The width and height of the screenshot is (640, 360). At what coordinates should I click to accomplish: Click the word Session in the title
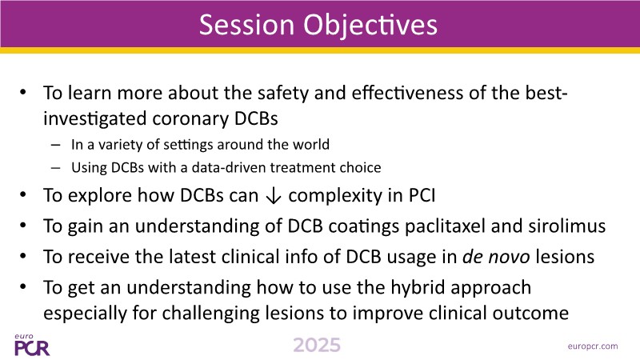pyautogui.click(x=246, y=25)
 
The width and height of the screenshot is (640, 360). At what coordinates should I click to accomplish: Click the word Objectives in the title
pyautogui.click(x=370, y=26)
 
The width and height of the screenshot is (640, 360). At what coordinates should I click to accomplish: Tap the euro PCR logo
pyautogui.click(x=31, y=345)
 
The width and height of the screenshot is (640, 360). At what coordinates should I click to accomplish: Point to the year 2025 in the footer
pyautogui.click(x=317, y=345)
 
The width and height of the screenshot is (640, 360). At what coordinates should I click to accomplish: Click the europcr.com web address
pyautogui.click(x=593, y=346)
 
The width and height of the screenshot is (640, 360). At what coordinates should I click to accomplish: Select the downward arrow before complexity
pyautogui.click(x=273, y=195)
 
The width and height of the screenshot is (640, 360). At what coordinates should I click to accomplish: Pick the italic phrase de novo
pyautogui.click(x=496, y=257)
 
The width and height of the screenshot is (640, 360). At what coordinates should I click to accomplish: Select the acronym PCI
pyautogui.click(x=422, y=195)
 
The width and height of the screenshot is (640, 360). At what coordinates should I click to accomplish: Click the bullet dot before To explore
pyautogui.click(x=23, y=194)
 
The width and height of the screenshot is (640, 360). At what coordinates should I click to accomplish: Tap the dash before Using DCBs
pyautogui.click(x=56, y=168)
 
